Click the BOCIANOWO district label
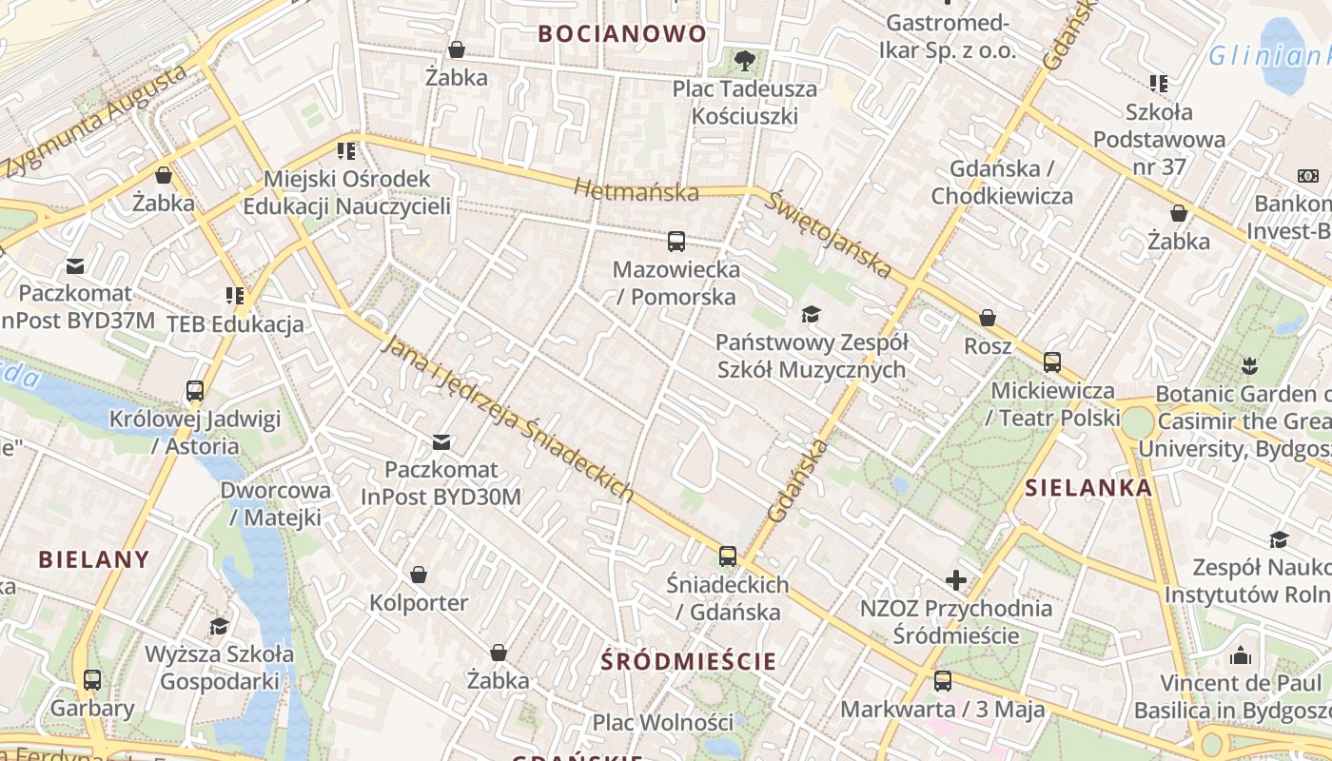coord(622,34)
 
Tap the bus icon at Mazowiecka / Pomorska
coord(676,242)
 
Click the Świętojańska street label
coord(829,234)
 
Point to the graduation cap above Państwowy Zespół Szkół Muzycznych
coord(811,314)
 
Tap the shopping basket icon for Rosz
coord(988,318)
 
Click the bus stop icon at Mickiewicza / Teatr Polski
coord(1052,362)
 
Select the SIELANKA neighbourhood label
coord(1088,488)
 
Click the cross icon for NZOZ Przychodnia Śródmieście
coord(956,580)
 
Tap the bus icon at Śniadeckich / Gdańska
coord(728,556)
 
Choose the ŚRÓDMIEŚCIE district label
coord(688,662)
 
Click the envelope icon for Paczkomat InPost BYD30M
coord(441,442)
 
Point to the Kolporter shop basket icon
coord(419,575)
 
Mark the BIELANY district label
coord(94,559)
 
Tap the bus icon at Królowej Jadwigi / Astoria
coord(195,391)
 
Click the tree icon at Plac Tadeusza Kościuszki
coord(745,61)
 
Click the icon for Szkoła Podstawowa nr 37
coord(1158,84)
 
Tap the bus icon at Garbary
coord(92,680)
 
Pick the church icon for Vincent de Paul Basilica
coord(1241,655)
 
